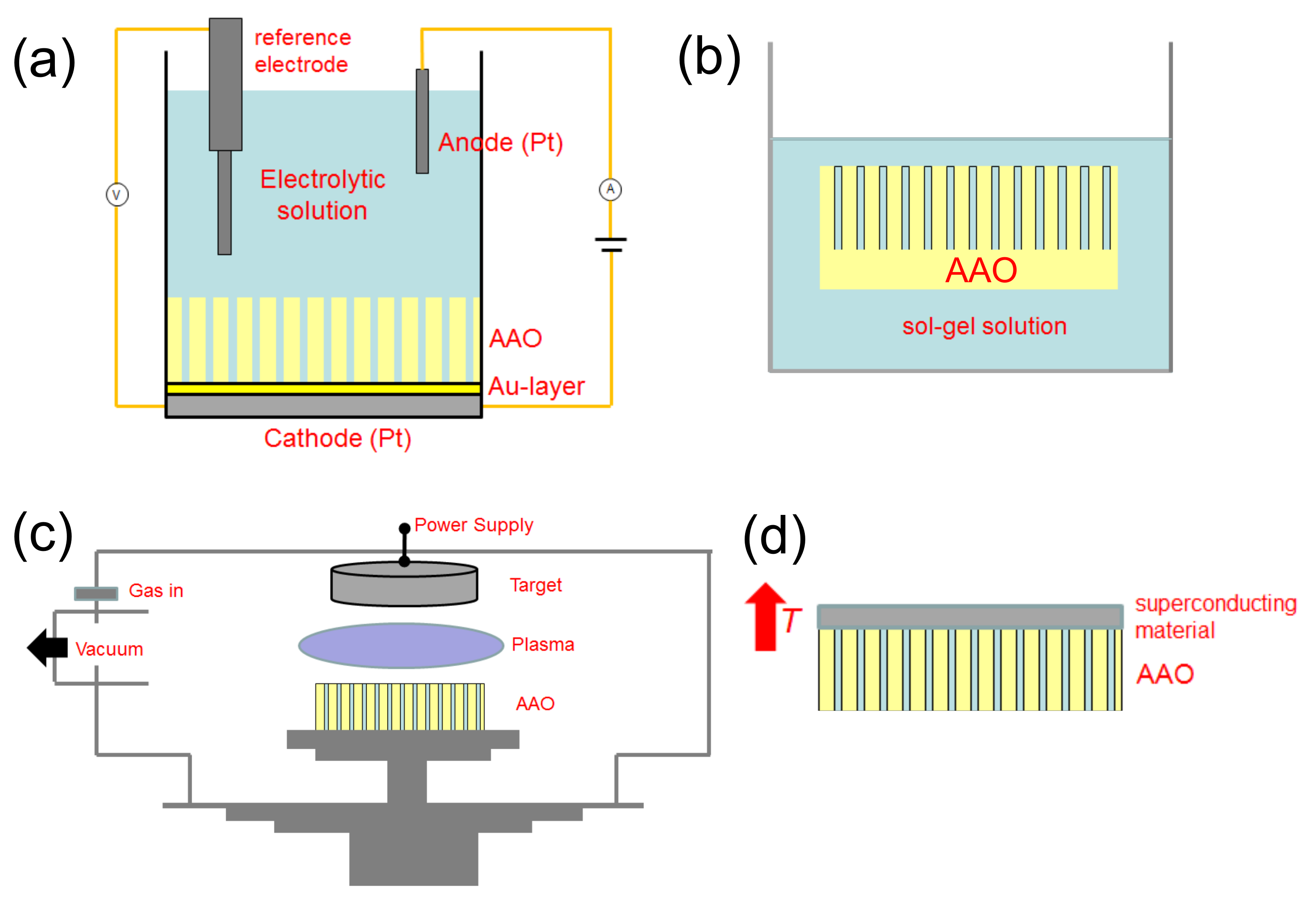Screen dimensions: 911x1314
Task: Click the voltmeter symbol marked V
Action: (117, 195)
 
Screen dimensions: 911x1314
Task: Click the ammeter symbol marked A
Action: (610, 190)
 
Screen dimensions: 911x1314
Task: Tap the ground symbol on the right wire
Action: (611, 244)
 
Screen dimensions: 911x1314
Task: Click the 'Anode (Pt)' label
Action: (501, 143)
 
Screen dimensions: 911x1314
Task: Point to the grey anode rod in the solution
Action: (422, 121)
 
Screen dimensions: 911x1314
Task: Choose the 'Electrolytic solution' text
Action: (322, 195)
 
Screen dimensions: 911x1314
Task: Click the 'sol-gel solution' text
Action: (984, 326)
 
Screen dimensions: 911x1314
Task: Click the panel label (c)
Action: (43, 535)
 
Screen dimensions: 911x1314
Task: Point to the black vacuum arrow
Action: (48, 647)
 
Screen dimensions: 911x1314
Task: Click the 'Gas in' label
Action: (156, 591)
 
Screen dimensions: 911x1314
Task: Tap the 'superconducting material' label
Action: (1215, 617)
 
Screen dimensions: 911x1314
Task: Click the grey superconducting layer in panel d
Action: (970, 617)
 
